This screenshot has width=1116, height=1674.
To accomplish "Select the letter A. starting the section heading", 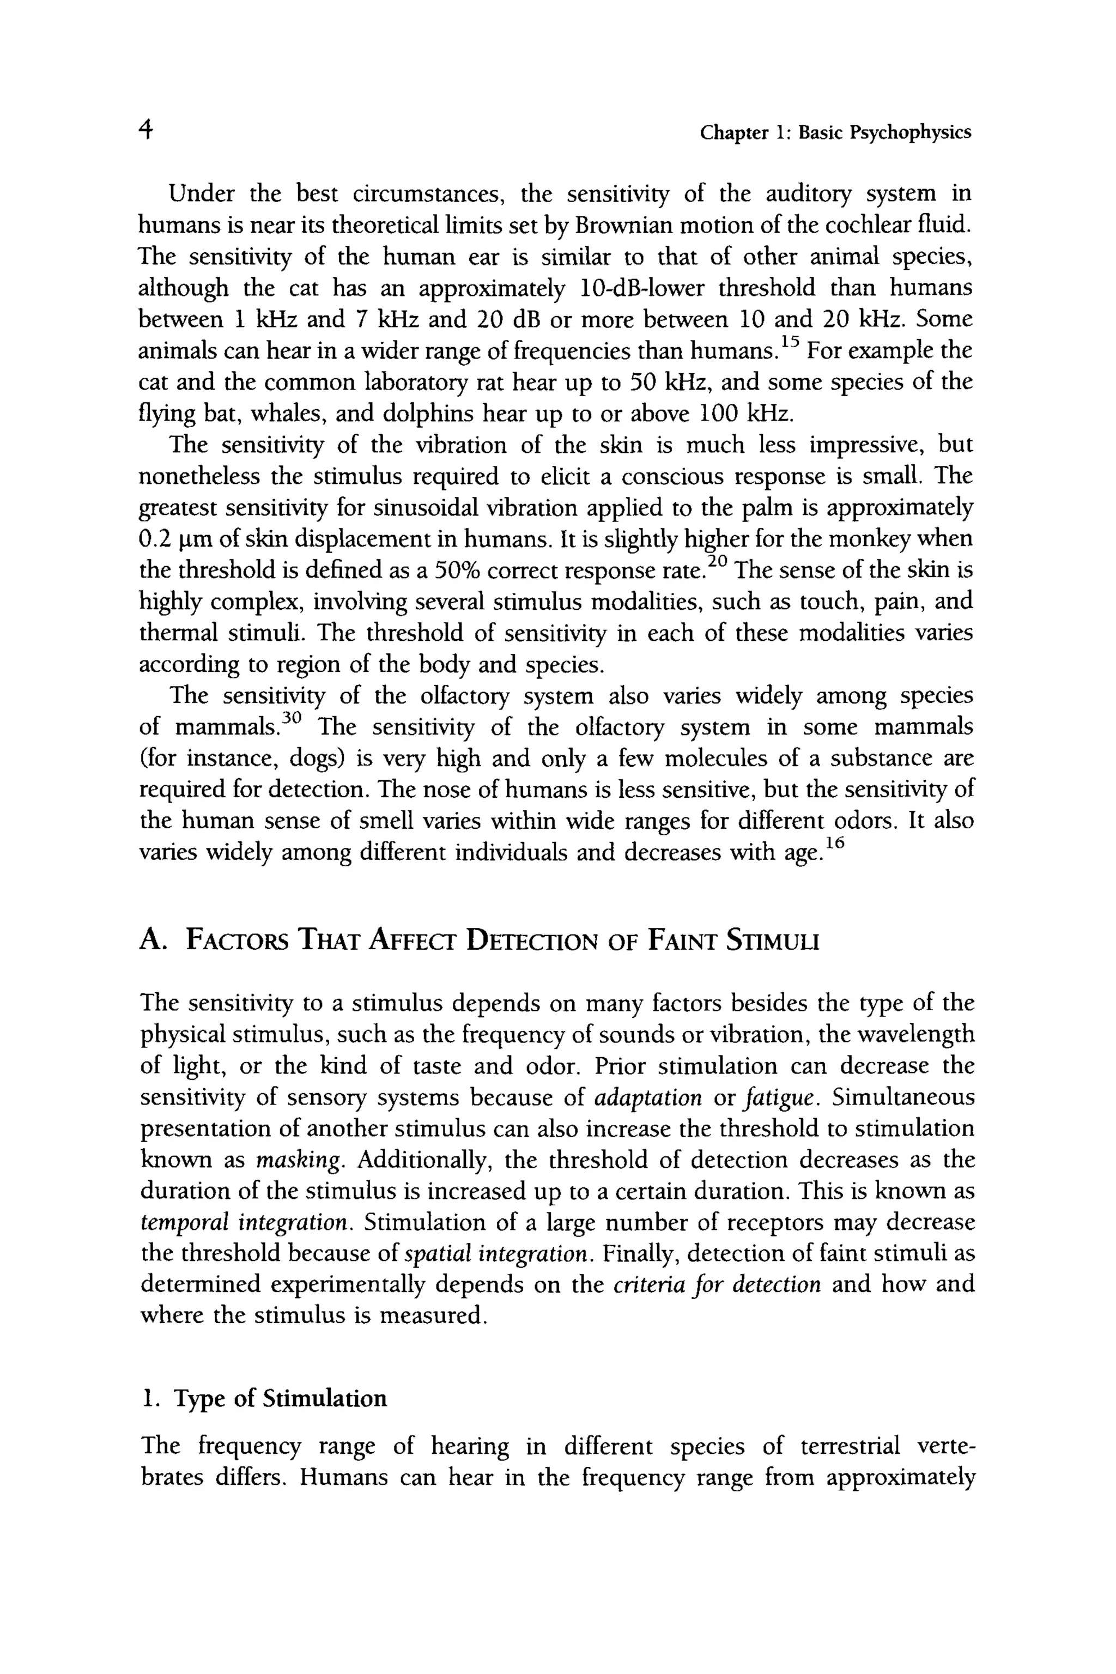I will (x=151, y=941).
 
